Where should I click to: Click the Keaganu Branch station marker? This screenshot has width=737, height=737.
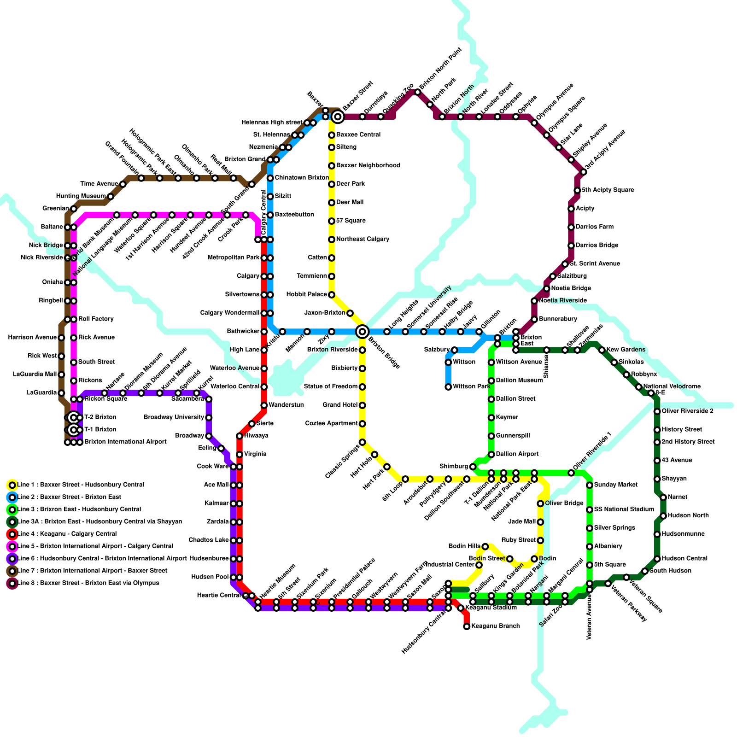click(x=467, y=626)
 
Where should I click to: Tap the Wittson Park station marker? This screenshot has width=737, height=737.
click(x=448, y=387)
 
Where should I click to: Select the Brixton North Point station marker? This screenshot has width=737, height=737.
click(x=417, y=93)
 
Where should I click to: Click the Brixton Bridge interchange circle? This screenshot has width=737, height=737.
click(x=363, y=331)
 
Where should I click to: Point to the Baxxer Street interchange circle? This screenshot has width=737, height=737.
click(x=338, y=117)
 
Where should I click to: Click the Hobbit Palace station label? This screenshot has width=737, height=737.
click(x=306, y=294)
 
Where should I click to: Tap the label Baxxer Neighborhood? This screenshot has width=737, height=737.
click(x=368, y=165)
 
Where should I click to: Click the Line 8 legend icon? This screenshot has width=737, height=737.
click(x=12, y=583)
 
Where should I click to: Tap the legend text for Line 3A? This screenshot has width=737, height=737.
click(x=99, y=521)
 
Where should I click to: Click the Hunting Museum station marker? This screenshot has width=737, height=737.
click(x=111, y=197)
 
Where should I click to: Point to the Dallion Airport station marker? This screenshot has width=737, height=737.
click(x=491, y=454)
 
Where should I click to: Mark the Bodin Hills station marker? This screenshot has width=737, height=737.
click(x=485, y=546)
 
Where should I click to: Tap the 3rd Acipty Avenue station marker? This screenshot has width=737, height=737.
click(x=584, y=172)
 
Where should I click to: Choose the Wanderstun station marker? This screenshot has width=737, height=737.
click(x=264, y=405)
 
